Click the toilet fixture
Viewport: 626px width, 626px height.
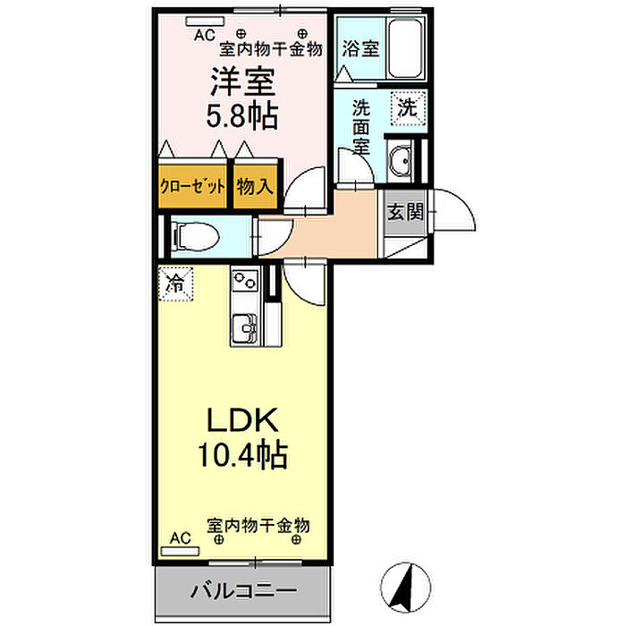tap(195, 236)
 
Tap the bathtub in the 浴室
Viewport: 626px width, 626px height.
tap(405, 48)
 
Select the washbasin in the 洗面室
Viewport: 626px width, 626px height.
tap(400, 160)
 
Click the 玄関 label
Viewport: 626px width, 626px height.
tap(405, 212)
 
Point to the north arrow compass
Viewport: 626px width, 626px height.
tap(405, 588)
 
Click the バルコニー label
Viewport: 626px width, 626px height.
tap(244, 591)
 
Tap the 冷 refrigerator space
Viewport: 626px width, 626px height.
tap(175, 283)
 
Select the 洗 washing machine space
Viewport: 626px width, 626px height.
tap(408, 108)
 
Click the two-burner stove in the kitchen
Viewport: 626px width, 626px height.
tap(245, 280)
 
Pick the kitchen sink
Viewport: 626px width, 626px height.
tap(245, 328)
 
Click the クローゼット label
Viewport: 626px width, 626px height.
tap(193, 187)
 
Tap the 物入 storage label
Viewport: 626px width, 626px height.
tap(255, 186)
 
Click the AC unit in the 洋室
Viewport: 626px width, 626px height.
tap(205, 21)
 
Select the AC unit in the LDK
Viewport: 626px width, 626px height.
tap(180, 552)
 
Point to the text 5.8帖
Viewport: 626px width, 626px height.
tap(242, 115)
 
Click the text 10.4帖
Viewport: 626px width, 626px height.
tap(243, 454)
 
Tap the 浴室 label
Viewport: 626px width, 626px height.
tap(360, 48)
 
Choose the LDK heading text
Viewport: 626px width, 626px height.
tap(242, 420)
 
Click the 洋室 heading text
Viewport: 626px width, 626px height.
tap(243, 81)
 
